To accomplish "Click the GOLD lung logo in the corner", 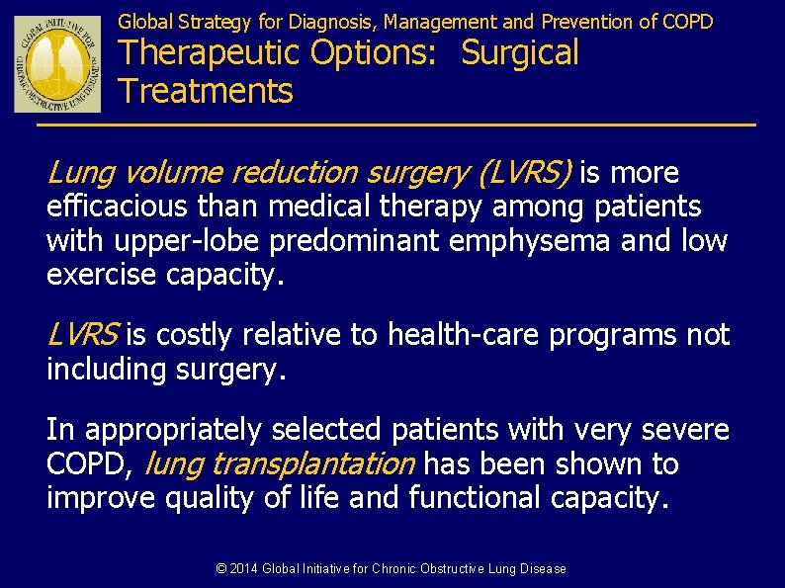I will (57, 63).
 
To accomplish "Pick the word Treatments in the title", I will (206, 91).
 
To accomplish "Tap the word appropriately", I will (177, 430).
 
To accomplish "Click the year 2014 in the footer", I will (243, 568).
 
